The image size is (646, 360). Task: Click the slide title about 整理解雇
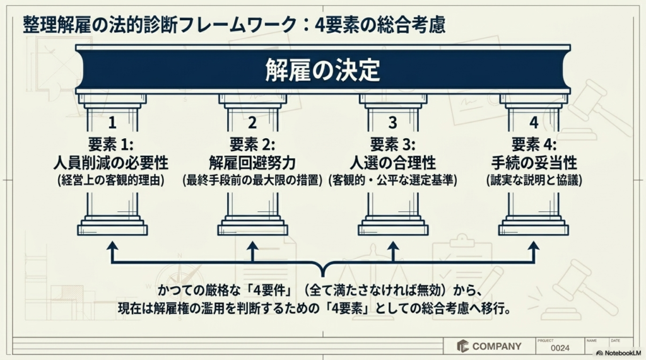pyautogui.click(x=234, y=25)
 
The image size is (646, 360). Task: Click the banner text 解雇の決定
pyautogui.click(x=322, y=69)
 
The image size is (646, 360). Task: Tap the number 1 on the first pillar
pyautogui.click(x=112, y=123)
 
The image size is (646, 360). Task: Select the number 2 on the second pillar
pyautogui.click(x=252, y=123)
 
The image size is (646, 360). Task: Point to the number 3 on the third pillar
pyautogui.click(x=392, y=123)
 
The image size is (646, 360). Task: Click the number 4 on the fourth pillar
pyautogui.click(x=534, y=123)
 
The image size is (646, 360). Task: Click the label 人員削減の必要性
pyautogui.click(x=111, y=163)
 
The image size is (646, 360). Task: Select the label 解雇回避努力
pyautogui.click(x=252, y=163)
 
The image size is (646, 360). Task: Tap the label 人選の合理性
pyautogui.click(x=392, y=163)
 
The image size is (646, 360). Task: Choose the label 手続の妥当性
pyautogui.click(x=534, y=163)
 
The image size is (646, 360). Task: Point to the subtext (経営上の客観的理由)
pyautogui.click(x=111, y=180)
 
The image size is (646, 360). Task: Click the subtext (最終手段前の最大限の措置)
pyautogui.click(x=252, y=180)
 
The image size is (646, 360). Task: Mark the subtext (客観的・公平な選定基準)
pyautogui.click(x=392, y=180)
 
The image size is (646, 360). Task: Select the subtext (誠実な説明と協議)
pyautogui.click(x=534, y=180)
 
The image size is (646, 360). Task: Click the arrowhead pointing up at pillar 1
pyautogui.click(x=112, y=247)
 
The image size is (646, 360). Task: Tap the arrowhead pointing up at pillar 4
pyautogui.click(x=534, y=247)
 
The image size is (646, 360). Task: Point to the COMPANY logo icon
pyautogui.click(x=462, y=346)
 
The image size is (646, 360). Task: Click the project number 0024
pyautogui.click(x=560, y=348)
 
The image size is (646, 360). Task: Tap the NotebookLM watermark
pyautogui.click(x=619, y=353)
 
